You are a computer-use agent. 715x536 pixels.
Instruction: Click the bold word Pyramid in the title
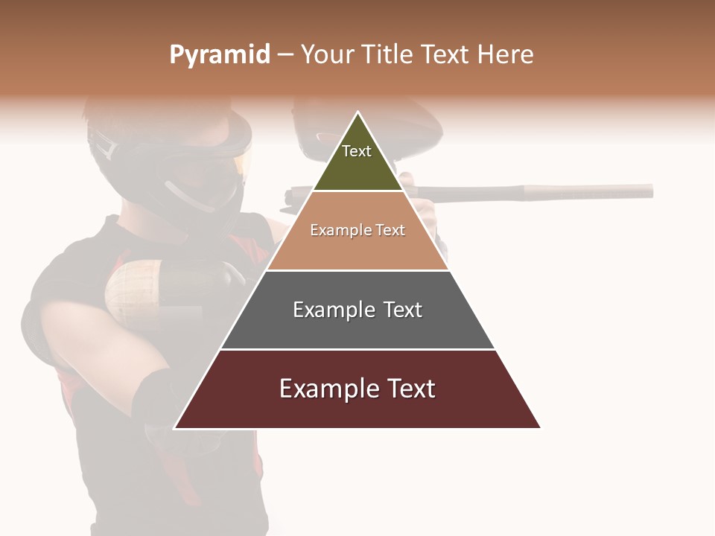220,55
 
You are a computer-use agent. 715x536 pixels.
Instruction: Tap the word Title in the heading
390,55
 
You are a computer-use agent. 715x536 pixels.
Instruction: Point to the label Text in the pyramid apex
357,151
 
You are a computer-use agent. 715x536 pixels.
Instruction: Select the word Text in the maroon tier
410,389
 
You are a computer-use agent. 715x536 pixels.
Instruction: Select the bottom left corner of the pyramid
175,428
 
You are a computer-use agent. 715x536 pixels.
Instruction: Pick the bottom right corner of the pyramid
540,428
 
